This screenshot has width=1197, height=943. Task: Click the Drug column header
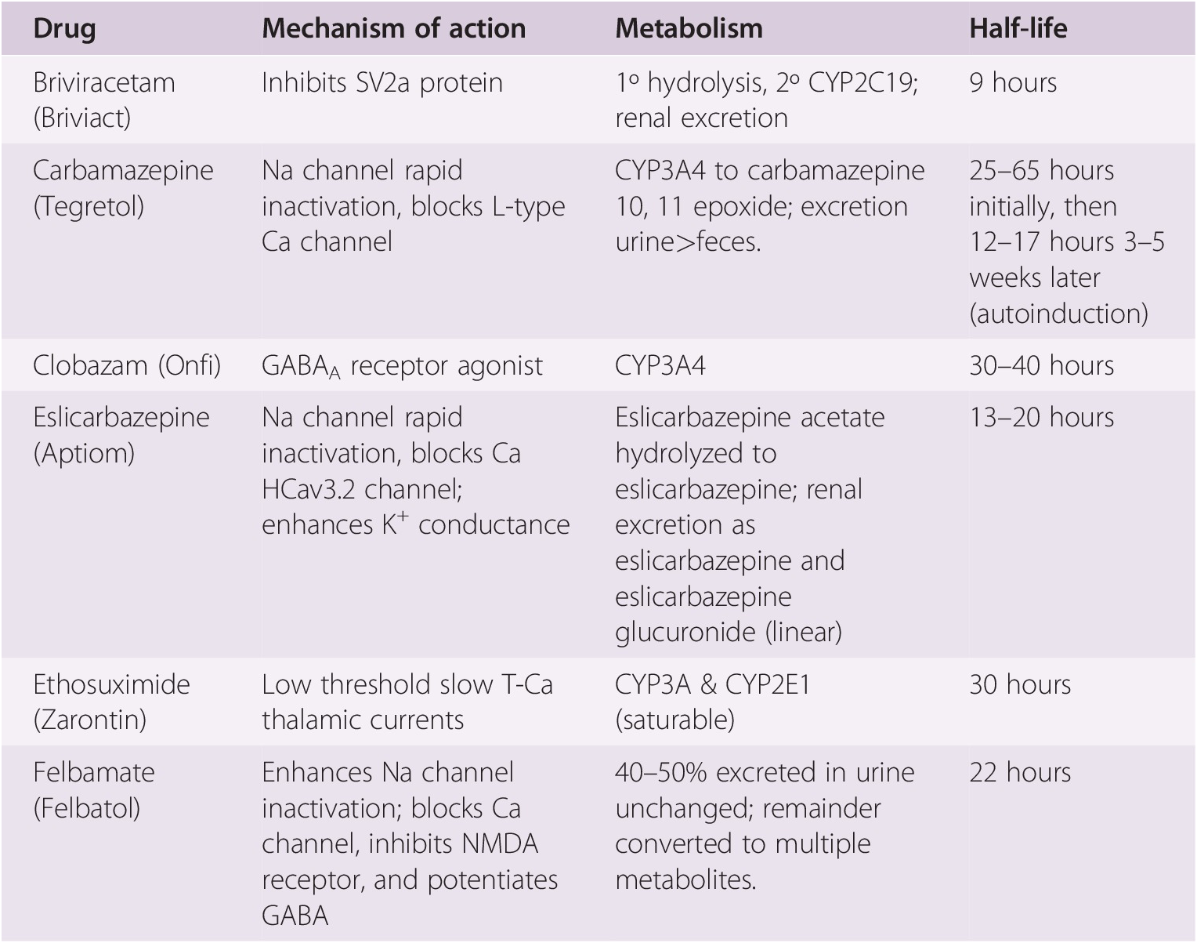click(x=64, y=29)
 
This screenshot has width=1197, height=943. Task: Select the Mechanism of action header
click(x=393, y=29)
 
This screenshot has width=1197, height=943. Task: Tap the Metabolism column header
click(x=689, y=29)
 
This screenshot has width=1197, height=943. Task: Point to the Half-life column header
click(x=1018, y=29)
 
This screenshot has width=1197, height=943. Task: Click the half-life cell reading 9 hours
click(x=1012, y=82)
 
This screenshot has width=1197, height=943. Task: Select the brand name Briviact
click(x=82, y=118)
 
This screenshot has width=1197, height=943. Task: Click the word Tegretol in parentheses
click(x=89, y=206)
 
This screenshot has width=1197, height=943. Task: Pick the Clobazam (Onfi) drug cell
click(x=127, y=365)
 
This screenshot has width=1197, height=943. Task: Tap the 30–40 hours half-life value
click(x=1041, y=365)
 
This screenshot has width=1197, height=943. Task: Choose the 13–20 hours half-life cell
click(x=1041, y=417)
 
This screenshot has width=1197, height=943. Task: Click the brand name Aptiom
click(x=84, y=453)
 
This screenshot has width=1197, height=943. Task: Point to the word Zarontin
click(x=89, y=720)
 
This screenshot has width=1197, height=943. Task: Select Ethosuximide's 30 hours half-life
click(x=1019, y=684)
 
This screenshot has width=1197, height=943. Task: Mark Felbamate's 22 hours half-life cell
click(x=1019, y=772)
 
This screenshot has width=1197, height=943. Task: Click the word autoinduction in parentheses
click(x=1058, y=314)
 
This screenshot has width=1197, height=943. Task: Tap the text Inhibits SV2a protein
click(x=382, y=82)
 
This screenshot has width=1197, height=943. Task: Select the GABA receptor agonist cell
click(x=402, y=366)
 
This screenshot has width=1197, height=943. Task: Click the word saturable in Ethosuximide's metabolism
click(x=674, y=720)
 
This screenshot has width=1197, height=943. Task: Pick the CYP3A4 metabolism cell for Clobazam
click(x=660, y=365)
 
